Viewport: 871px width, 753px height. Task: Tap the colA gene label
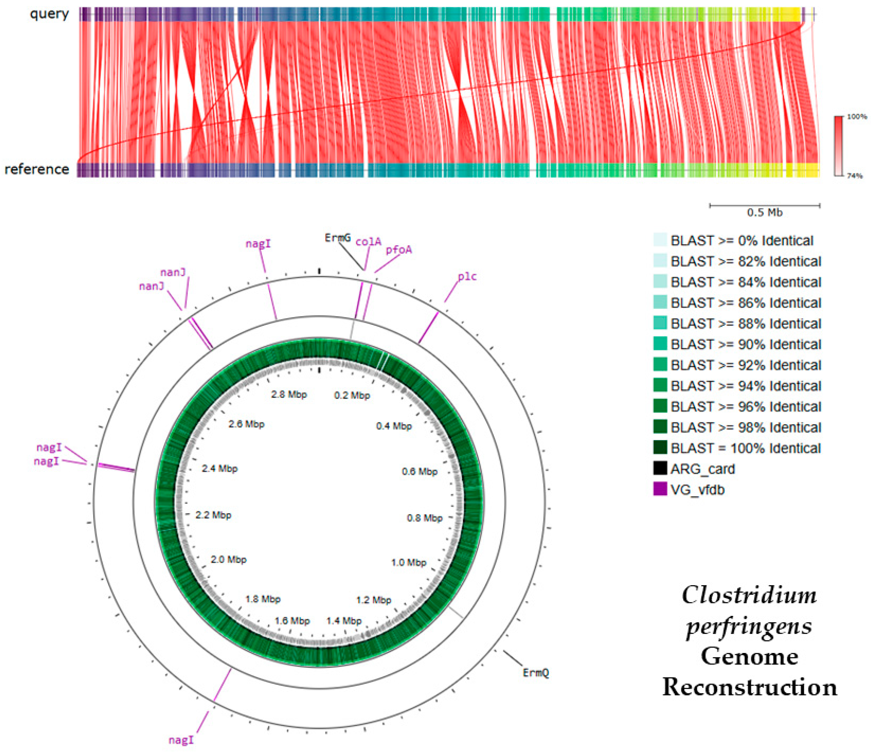coord(368,242)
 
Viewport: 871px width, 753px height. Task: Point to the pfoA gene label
coord(399,250)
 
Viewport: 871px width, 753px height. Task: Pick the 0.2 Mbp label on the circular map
coord(352,395)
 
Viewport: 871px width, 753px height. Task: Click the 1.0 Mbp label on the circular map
coord(409,562)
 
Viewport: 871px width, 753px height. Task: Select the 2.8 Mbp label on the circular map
coord(289,395)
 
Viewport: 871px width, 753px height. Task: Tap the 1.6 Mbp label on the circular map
coord(292,620)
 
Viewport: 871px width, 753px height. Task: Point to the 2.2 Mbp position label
coord(213,515)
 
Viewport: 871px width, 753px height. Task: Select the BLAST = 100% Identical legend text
coord(745,448)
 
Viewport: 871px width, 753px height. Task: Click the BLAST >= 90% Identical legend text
coord(745,344)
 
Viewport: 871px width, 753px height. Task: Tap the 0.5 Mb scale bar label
coord(764,213)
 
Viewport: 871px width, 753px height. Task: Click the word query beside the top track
coord(49,14)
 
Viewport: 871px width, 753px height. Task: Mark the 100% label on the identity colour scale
coord(856,116)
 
